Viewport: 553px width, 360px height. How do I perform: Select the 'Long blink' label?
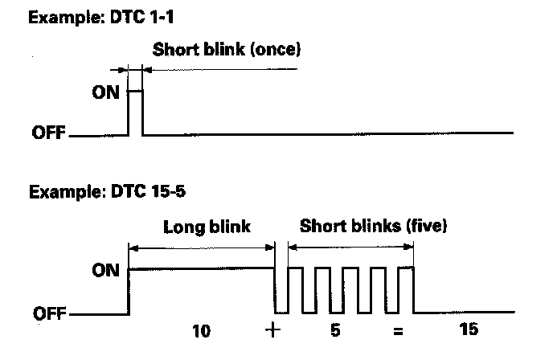coord(208,227)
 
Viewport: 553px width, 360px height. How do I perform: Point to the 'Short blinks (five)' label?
coord(373,227)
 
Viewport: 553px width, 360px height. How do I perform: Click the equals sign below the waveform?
coord(398,331)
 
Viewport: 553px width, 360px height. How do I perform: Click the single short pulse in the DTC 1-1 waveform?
coord(136,111)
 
